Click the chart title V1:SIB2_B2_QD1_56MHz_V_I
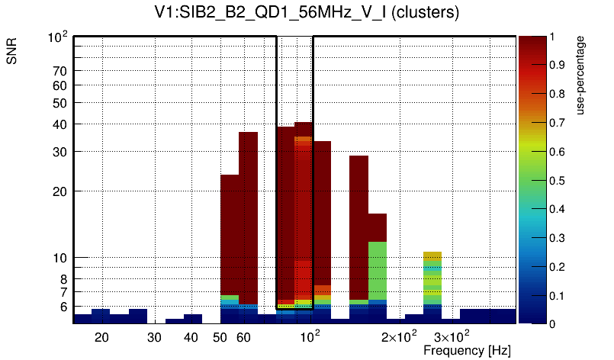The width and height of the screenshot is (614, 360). (x=307, y=14)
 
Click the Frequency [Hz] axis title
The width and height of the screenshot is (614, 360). (x=467, y=351)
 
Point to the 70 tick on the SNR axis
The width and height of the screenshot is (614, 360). (x=60, y=71)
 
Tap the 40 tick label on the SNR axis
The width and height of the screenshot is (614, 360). (x=60, y=124)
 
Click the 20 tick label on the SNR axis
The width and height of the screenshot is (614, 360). (x=60, y=191)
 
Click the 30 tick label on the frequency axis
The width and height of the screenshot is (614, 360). (x=154, y=337)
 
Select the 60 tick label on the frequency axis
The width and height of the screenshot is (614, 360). (x=243, y=337)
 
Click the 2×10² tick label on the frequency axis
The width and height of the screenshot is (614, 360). (x=399, y=337)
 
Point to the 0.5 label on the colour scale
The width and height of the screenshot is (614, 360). (x=557, y=181)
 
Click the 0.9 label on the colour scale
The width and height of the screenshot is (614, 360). (x=557, y=66)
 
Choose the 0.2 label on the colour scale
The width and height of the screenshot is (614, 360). (x=557, y=267)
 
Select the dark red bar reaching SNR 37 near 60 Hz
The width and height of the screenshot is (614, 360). (x=248, y=214)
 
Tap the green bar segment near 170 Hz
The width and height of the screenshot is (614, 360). (x=377, y=271)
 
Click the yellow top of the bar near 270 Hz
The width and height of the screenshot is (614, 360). (x=432, y=256)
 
